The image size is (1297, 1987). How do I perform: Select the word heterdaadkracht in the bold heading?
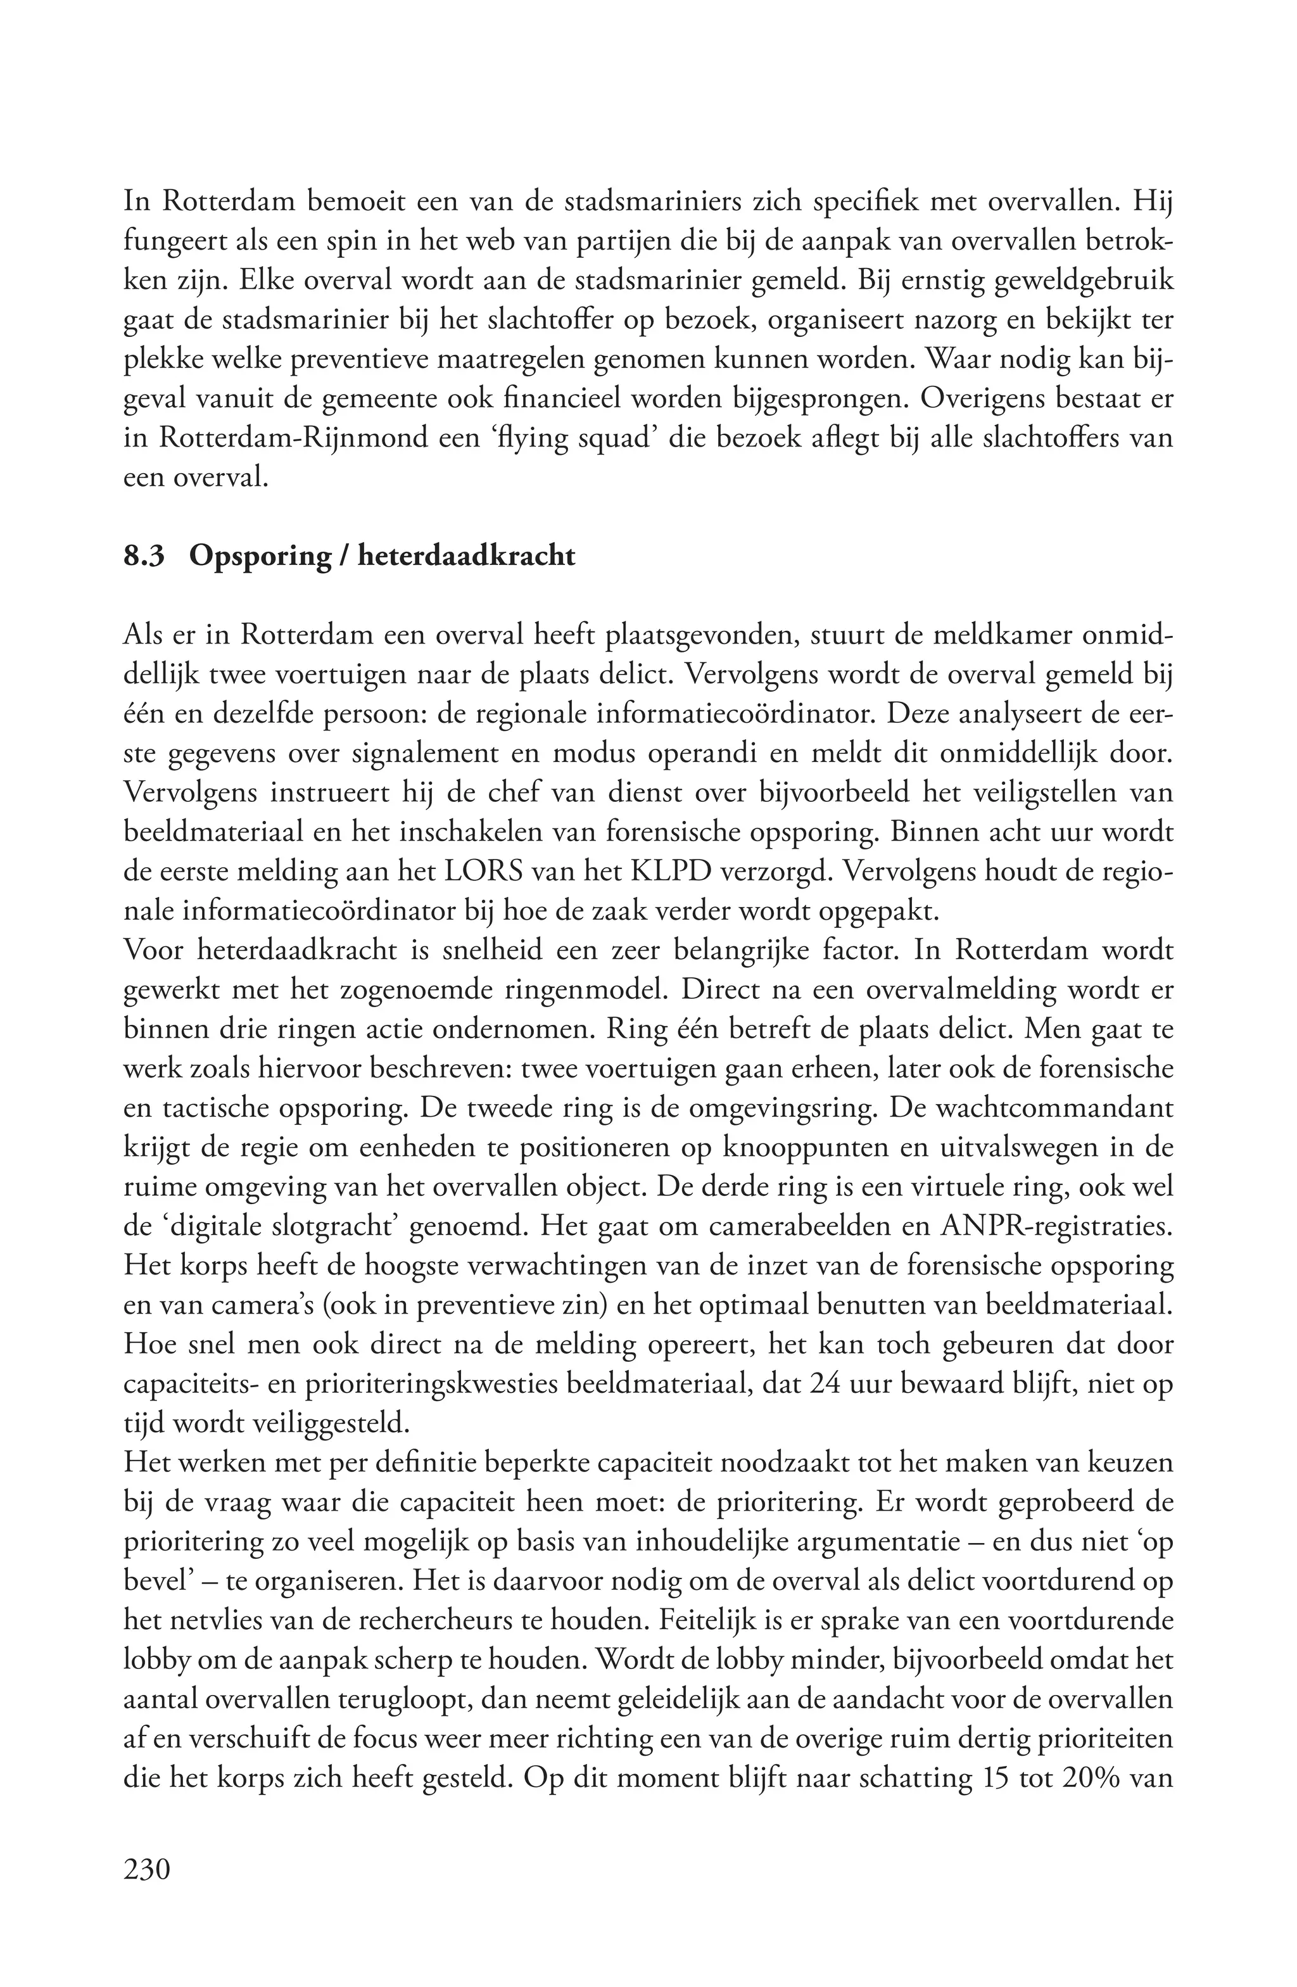tap(467, 556)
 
